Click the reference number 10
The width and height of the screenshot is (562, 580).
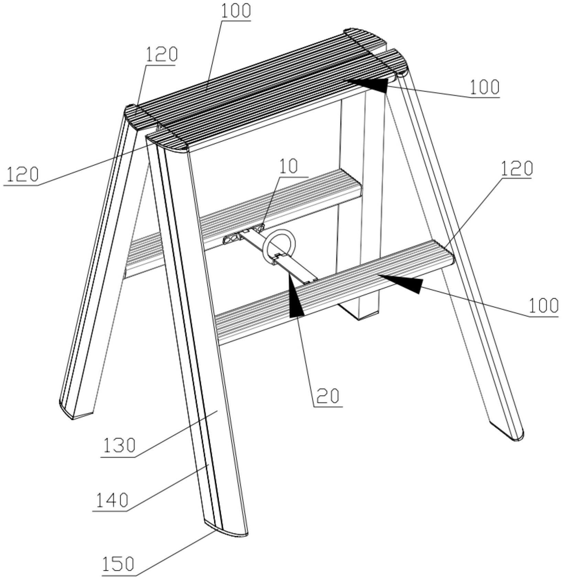coord(288,167)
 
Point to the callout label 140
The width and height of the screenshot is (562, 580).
coord(111,500)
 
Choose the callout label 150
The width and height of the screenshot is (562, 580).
coord(118,564)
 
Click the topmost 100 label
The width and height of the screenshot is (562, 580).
coord(236,11)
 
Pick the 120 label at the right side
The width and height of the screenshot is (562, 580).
coord(516,168)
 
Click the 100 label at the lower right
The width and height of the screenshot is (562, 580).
coord(543,305)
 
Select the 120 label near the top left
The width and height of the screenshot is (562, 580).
coord(162,54)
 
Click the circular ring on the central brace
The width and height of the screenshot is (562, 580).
coord(279,248)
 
